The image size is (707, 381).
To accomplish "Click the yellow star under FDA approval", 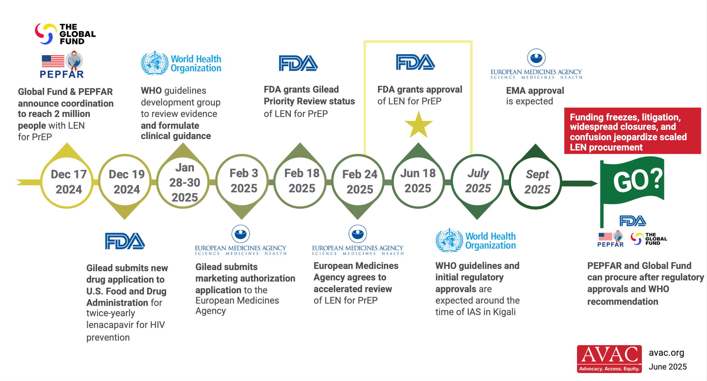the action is (x=419, y=125).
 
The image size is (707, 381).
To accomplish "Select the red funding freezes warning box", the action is (x=633, y=131).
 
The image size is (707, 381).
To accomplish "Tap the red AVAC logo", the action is (x=609, y=359).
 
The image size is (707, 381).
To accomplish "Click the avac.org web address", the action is (x=667, y=353).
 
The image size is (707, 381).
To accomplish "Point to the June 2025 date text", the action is (x=668, y=367).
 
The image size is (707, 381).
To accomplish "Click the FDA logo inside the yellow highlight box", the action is (x=415, y=62).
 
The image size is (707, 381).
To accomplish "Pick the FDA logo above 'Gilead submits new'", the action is (x=125, y=241).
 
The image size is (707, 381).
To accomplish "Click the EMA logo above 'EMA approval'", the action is (x=536, y=64).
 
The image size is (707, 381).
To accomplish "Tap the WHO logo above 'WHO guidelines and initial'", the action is (x=476, y=240).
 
